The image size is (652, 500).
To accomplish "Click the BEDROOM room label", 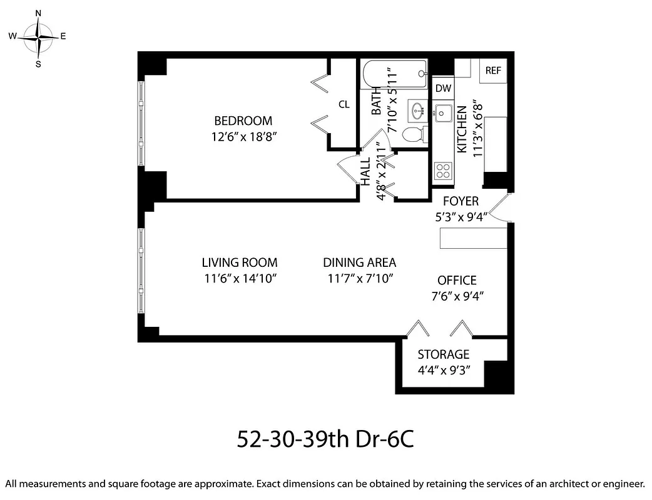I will point(243,121).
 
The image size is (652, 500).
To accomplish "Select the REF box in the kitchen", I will point(493,71).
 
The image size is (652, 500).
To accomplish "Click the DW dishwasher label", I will point(443,89).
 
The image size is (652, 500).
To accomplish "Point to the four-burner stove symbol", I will point(443,171).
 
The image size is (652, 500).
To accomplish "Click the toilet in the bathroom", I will point(414,134).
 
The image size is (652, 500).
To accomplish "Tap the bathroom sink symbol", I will point(417,112).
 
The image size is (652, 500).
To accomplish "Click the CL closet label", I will point(344,104).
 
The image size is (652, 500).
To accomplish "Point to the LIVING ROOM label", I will point(240,263).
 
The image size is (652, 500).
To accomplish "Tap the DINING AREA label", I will point(360,263).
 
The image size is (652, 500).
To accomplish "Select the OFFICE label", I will point(457,281).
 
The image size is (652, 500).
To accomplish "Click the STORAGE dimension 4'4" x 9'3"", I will point(444,369).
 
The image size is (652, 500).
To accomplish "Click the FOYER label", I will point(461,201).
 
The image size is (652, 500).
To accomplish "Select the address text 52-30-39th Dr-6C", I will point(325,439).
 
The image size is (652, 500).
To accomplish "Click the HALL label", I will point(365,170).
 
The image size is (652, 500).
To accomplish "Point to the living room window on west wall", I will point(142,268).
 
